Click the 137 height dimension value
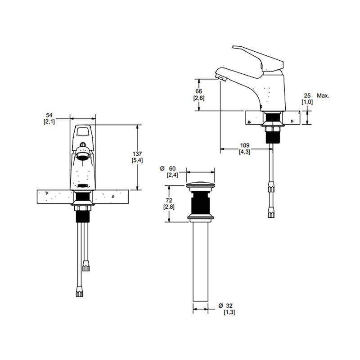137,153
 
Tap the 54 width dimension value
49,115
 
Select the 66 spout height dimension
198,91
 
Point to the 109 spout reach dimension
244,145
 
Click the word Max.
323,95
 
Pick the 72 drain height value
169,200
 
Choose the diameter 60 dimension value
172,168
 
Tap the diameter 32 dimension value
229,306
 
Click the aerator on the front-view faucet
82,154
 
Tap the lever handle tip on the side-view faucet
234,47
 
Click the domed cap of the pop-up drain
200,184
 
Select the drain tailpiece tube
200,261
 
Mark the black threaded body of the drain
200,203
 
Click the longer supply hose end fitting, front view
79,291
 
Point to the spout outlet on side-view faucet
221,78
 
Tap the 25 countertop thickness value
307,95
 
